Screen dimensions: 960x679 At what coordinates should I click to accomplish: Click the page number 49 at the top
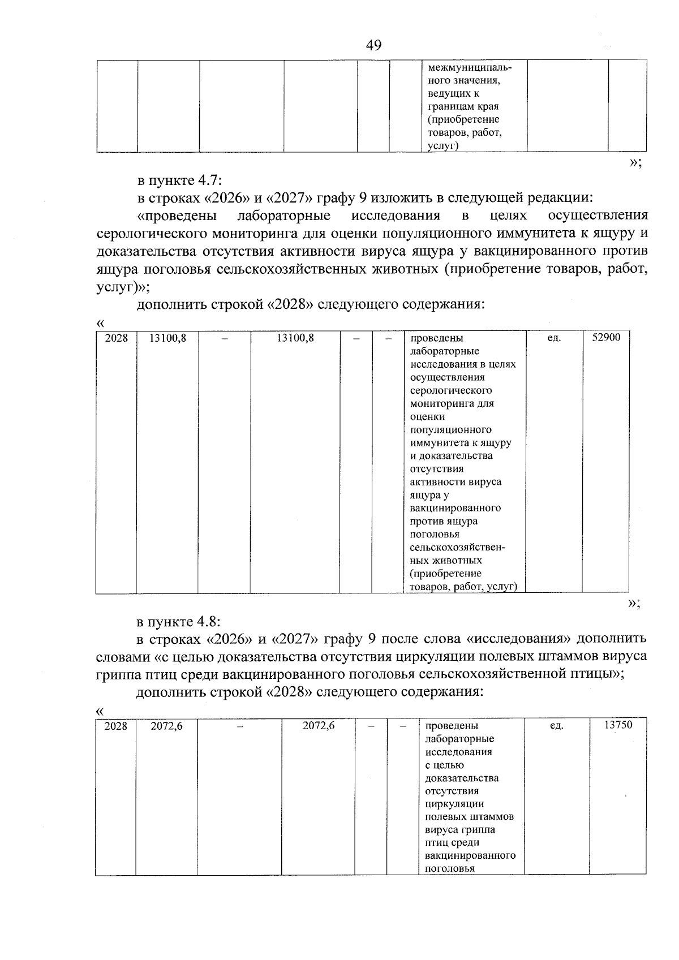click(373, 45)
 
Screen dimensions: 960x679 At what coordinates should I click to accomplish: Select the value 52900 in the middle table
click(606, 338)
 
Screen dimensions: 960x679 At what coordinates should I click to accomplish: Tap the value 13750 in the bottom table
click(618, 725)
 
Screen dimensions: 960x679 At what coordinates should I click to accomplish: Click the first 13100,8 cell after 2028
click(167, 338)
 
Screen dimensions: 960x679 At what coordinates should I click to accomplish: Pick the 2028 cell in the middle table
click(117, 338)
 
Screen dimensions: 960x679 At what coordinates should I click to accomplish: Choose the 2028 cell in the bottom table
click(116, 726)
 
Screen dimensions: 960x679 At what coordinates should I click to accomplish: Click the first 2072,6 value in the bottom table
click(166, 726)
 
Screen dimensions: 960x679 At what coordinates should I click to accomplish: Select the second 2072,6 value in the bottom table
click(318, 726)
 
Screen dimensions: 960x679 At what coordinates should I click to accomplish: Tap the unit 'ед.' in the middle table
click(555, 338)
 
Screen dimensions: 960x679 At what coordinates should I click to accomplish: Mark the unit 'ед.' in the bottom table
click(557, 726)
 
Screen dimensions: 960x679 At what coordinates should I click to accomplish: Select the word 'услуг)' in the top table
click(442, 146)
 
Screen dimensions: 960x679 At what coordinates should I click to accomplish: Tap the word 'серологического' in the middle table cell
click(451, 390)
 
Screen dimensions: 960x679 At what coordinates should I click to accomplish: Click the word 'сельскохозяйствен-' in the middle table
click(457, 548)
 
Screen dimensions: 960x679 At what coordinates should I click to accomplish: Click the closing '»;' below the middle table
click(634, 604)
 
